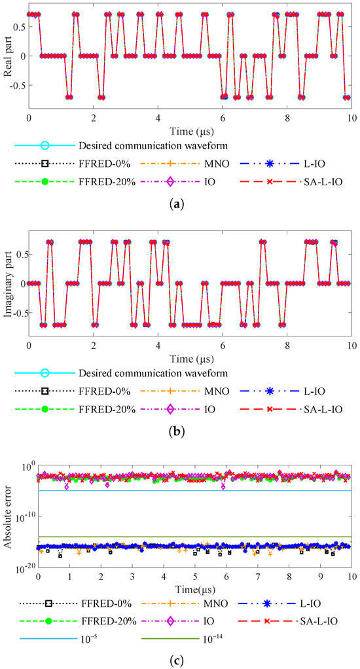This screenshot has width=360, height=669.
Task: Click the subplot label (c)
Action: coord(179,660)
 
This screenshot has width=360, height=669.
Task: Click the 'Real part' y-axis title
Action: coord(8,56)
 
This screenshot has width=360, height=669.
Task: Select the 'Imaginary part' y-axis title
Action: coord(8,283)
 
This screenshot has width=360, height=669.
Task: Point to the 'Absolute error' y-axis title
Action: coord(8,516)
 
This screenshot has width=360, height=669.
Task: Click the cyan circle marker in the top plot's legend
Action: coord(45,145)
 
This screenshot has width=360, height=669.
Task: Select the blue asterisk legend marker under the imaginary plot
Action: coord(270,391)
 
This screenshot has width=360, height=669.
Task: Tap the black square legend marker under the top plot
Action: coord(45,164)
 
